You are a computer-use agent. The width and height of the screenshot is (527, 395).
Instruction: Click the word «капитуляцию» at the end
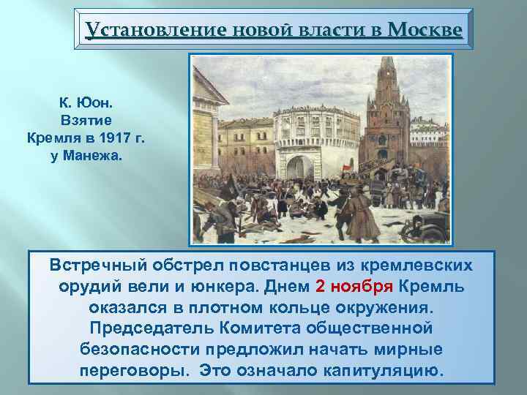[x=382, y=370]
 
